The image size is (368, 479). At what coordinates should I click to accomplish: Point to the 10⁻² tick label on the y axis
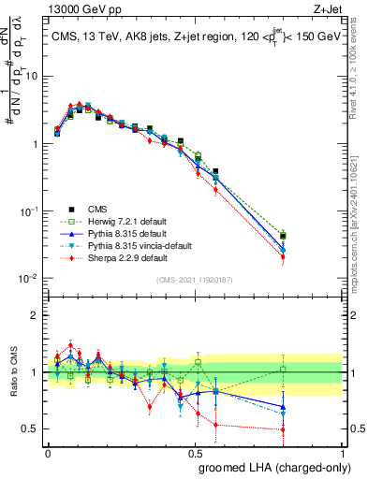pos(31,279)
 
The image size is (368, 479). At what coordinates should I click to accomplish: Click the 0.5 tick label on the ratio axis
pos(33,430)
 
